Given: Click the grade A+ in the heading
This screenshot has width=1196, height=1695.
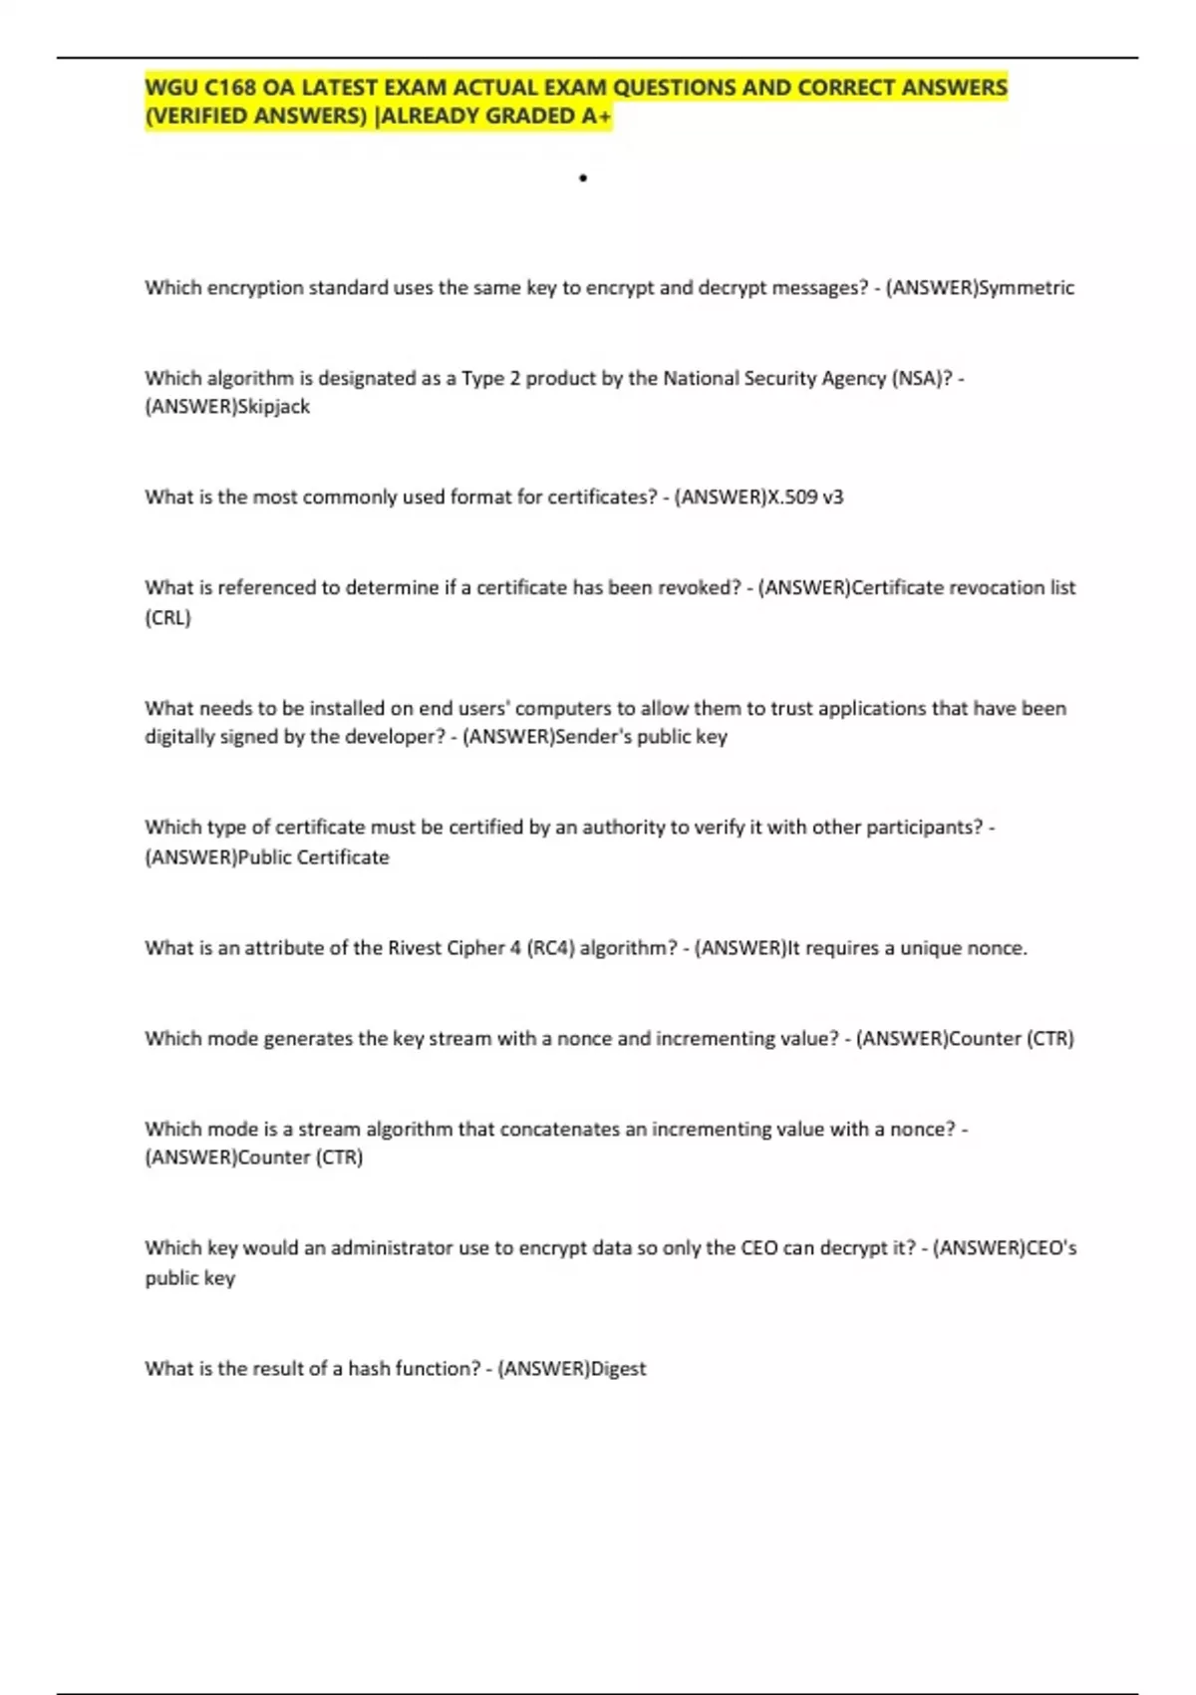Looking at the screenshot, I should [x=596, y=117].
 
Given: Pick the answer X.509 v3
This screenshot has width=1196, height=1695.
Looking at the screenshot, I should [x=803, y=498].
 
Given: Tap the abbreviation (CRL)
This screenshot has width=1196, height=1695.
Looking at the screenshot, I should [x=167, y=618].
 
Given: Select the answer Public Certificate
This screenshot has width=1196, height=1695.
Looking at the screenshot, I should [x=313, y=857].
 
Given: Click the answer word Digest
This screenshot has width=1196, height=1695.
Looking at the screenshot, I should [x=618, y=1369].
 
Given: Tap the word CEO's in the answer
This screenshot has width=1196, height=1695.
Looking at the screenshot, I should [x=1051, y=1248].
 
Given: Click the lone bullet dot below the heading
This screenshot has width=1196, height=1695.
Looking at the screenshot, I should [x=583, y=178].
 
